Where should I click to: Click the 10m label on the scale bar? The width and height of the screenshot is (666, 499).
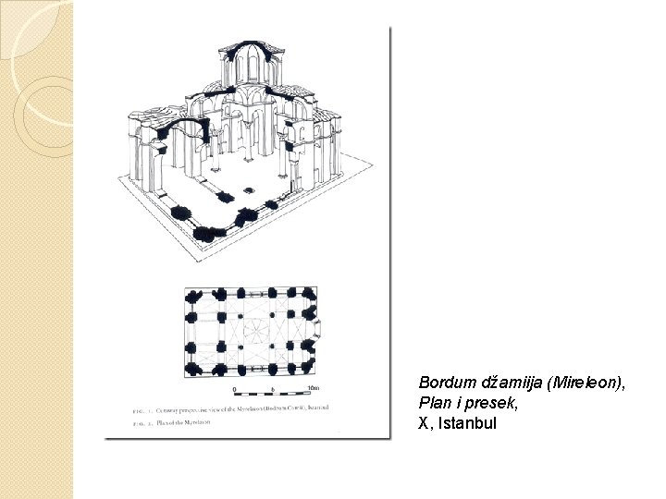313,387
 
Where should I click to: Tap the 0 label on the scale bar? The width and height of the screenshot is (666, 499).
235,388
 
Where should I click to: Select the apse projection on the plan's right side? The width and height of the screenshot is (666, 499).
317,327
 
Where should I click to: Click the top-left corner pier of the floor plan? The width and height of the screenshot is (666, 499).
193,298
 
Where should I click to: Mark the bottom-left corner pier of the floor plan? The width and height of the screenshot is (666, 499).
194,368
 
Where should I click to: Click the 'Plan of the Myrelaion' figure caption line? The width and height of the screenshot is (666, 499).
175,422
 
